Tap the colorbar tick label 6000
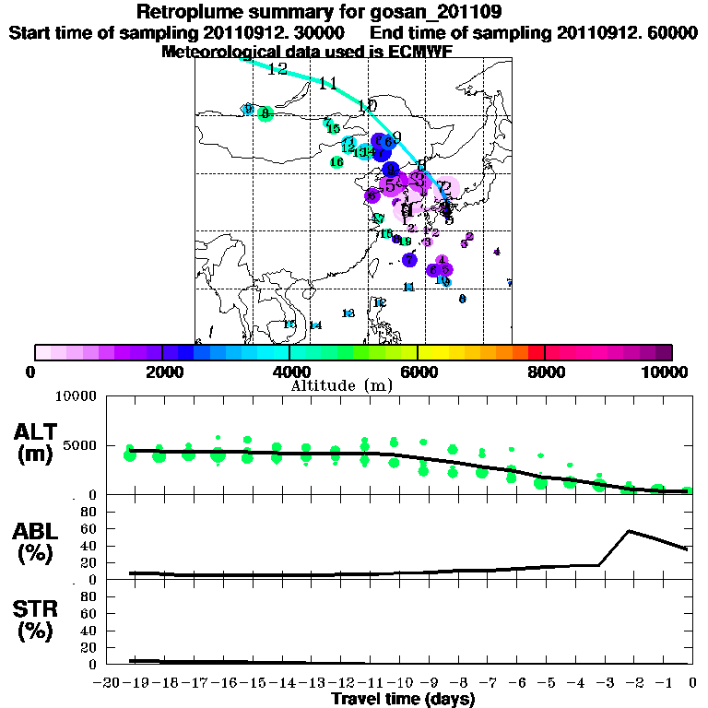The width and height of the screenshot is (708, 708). (x=418, y=372)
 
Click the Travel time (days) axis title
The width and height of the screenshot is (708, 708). (x=403, y=700)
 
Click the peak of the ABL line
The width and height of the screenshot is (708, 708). (x=629, y=531)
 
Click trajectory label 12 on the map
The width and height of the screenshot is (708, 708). (x=277, y=69)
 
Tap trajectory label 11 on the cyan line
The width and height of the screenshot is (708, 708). (x=327, y=84)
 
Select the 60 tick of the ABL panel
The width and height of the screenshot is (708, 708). (x=88, y=529)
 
